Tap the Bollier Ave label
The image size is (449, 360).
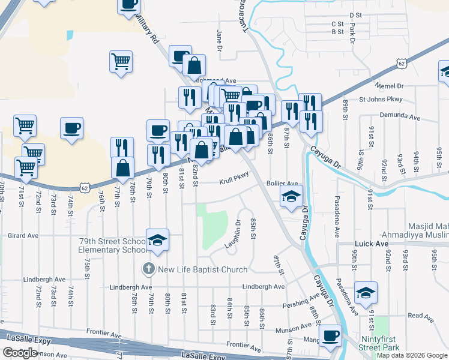click(x=282, y=183)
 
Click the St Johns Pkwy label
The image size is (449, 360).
click(x=381, y=100)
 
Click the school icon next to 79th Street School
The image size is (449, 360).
click(x=157, y=239)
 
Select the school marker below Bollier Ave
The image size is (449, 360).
click(x=291, y=196)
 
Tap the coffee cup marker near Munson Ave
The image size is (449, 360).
click(x=330, y=335)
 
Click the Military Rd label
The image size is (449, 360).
click(x=146, y=29)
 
